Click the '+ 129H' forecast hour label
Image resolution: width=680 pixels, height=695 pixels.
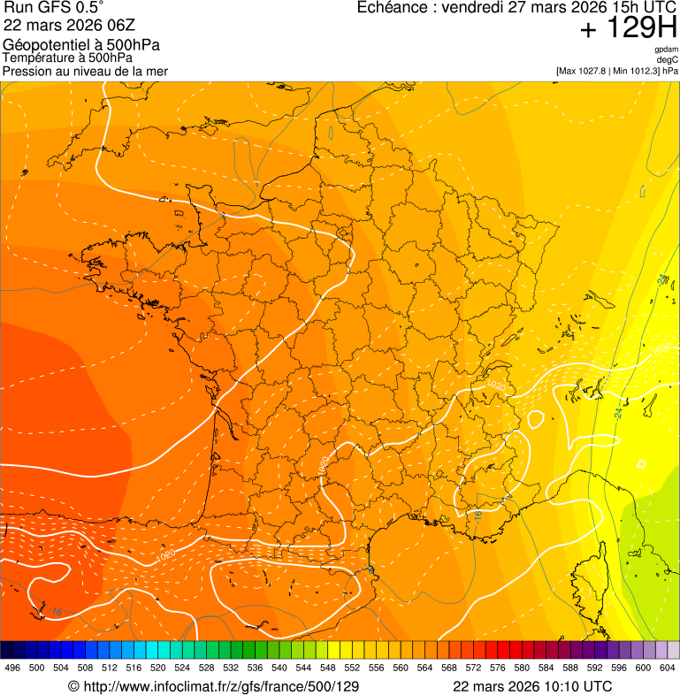628,30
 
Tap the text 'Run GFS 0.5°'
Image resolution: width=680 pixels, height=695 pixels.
54,9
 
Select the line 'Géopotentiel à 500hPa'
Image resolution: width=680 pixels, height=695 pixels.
81,45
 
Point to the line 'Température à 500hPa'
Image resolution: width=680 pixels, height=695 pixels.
67,57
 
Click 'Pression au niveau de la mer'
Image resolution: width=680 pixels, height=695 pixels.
85,71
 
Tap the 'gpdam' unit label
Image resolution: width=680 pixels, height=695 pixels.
667,50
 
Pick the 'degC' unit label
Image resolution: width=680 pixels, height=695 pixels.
669,60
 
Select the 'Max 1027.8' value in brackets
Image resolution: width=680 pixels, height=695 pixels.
584,71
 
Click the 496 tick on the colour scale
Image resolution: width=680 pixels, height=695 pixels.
12,668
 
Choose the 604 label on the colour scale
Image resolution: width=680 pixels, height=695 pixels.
668,668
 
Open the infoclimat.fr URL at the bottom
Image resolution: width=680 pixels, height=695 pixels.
221,686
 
